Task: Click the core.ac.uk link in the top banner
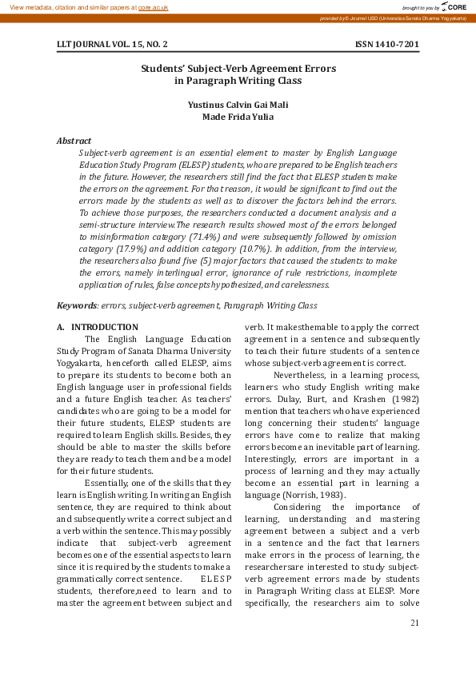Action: click(153, 6)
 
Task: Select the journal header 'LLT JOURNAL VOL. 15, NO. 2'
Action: click(112, 44)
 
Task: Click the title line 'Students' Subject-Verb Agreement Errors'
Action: click(238, 70)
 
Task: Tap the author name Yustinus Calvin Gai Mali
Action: click(238, 105)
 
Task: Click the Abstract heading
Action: click(74, 141)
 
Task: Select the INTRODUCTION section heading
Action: click(104, 327)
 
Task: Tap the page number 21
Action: click(414, 623)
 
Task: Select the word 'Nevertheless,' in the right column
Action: click(300, 373)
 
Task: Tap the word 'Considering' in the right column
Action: click(300, 507)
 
